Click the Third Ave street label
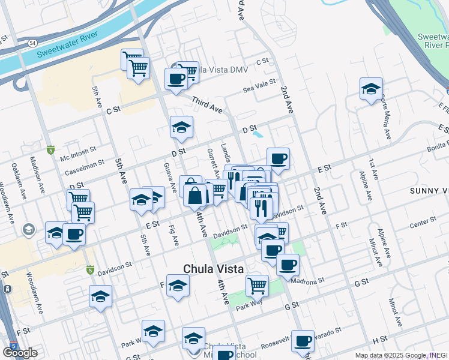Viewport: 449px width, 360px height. [x=207, y=106]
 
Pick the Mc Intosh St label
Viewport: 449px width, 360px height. [x=79, y=155]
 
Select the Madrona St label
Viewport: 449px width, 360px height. [x=307, y=280]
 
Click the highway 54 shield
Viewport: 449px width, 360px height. [x=32, y=43]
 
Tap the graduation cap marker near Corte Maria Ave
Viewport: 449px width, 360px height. [x=371, y=89]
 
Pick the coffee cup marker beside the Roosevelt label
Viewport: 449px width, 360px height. [x=303, y=341]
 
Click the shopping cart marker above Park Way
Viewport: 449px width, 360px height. [x=257, y=286]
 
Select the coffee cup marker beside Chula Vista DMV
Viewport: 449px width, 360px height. [x=176, y=79]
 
